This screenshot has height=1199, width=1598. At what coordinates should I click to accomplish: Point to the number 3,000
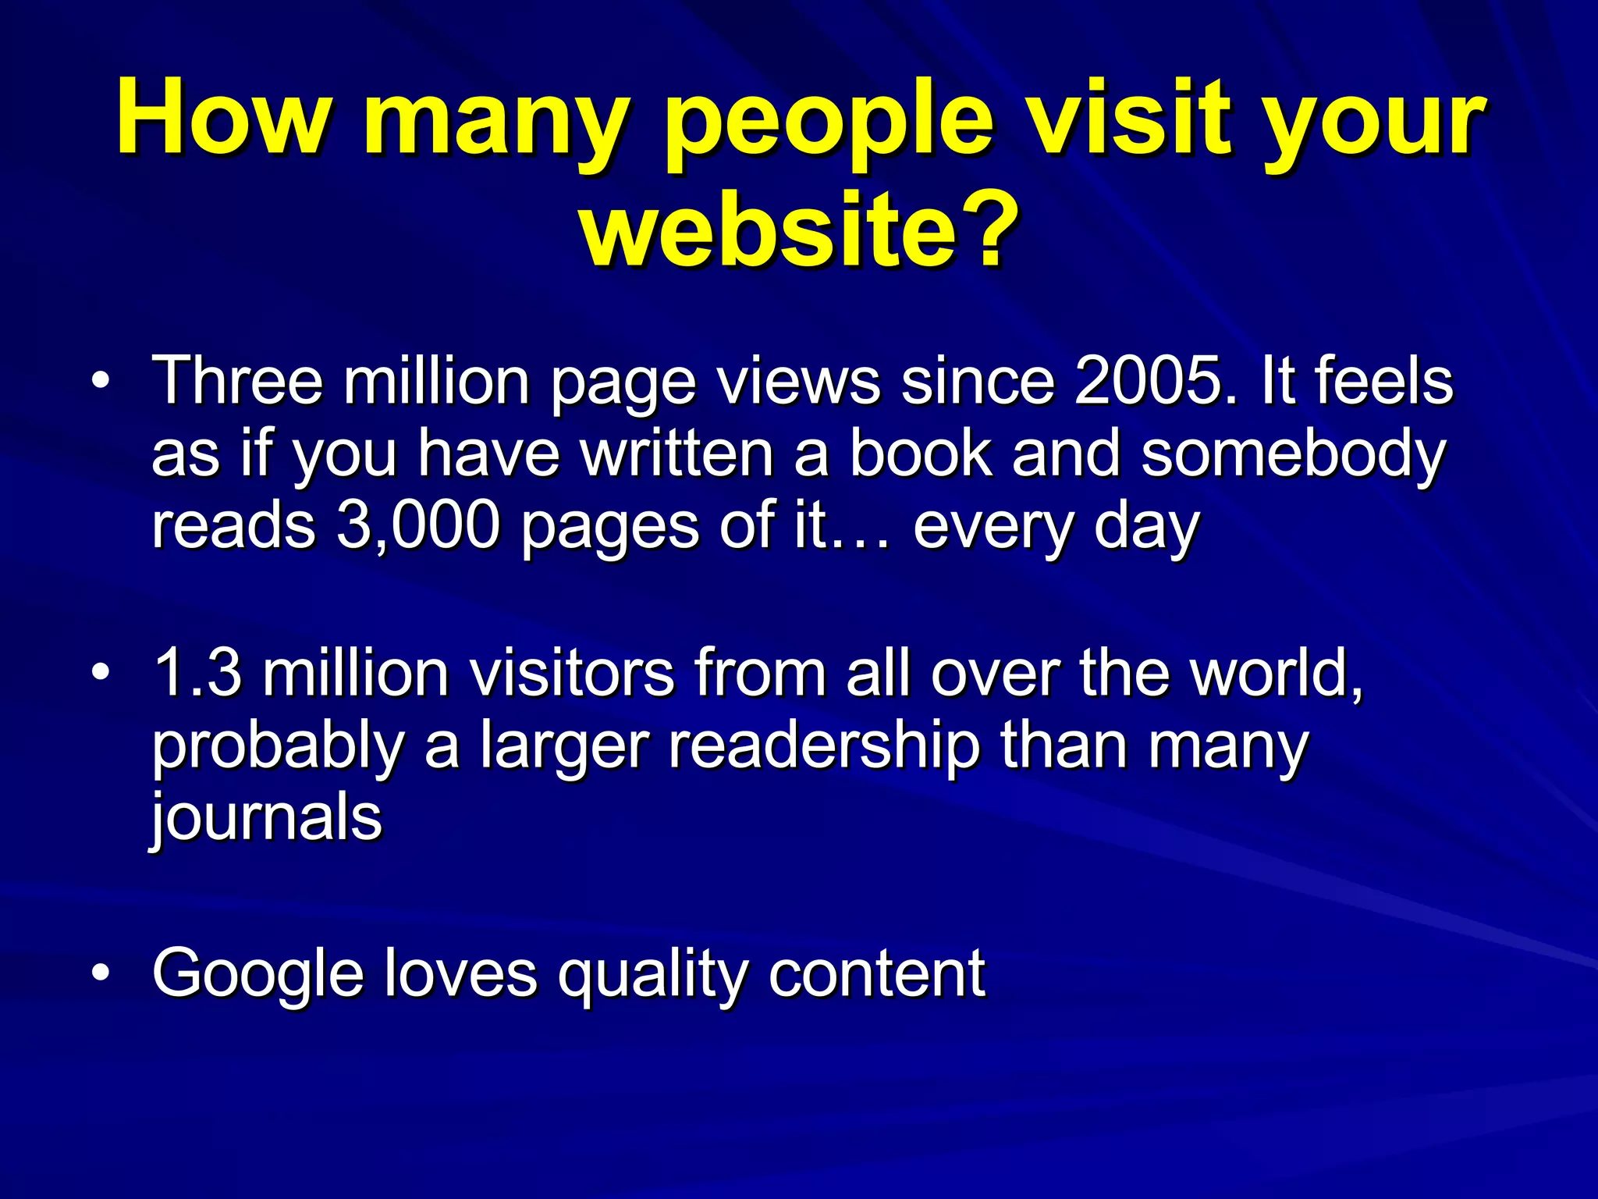coord(418,526)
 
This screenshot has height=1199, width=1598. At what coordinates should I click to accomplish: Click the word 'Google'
coord(257,974)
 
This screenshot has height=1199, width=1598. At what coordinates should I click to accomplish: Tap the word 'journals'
coord(267,818)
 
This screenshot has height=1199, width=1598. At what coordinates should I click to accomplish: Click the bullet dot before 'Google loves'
coord(99,973)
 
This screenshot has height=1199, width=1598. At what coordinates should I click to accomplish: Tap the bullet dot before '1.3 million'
coord(99,673)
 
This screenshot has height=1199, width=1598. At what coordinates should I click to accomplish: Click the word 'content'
coord(877,974)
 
